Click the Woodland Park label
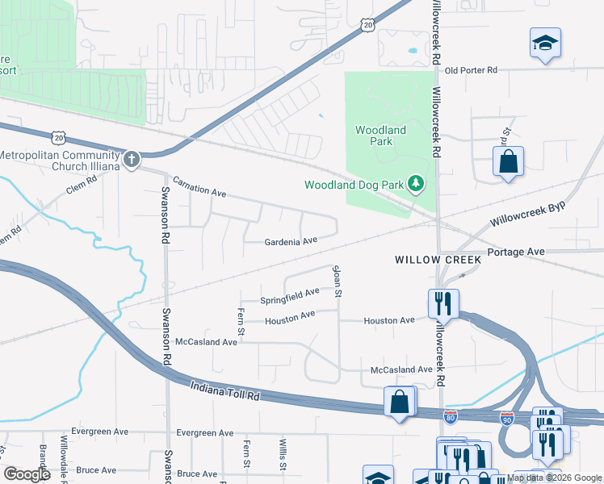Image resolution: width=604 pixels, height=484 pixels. click(380, 136)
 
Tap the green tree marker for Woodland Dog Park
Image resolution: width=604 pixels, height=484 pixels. click(416, 185)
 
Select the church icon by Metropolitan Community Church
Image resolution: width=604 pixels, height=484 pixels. click(131, 159)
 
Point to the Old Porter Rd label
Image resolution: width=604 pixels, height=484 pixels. click(471, 70)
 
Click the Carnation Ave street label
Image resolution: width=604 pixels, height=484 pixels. click(199, 188)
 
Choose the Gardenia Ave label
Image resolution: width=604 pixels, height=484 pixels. click(291, 241)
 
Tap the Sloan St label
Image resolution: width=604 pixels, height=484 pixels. click(338, 280)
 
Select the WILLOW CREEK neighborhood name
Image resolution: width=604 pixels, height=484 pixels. click(438, 260)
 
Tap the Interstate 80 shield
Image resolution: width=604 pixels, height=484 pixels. click(451, 416)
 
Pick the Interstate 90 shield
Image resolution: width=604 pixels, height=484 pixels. click(505, 418)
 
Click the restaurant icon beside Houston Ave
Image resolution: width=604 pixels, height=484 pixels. click(443, 303)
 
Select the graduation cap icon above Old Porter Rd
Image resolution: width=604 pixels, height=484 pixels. click(545, 42)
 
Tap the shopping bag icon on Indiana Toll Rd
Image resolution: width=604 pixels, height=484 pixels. click(400, 401)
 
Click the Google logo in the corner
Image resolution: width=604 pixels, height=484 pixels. click(27, 474)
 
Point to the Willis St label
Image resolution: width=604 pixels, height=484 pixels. click(283, 454)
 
